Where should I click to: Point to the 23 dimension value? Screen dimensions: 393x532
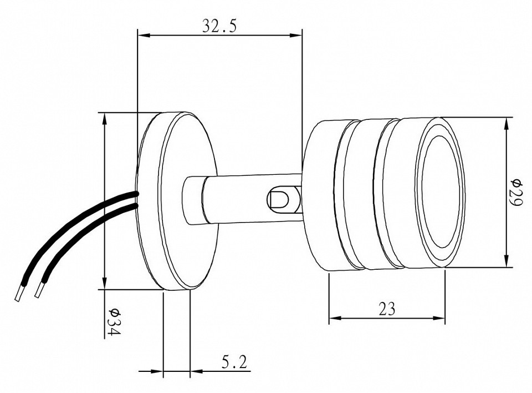pos(387,308)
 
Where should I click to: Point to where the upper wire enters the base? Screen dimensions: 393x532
pos(136,194)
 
